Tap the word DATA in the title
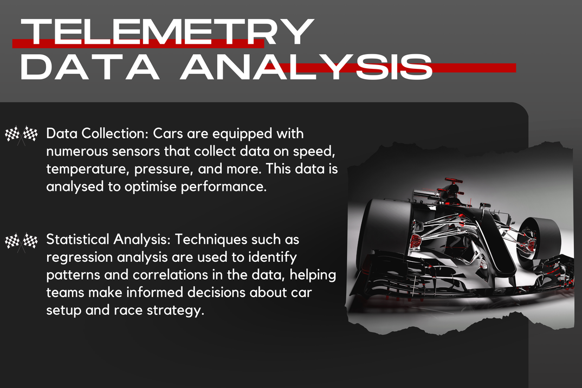click(x=90, y=67)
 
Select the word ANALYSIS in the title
click(x=306, y=67)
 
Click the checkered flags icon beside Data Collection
click(x=21, y=135)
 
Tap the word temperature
click(x=88, y=169)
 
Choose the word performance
click(x=224, y=187)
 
